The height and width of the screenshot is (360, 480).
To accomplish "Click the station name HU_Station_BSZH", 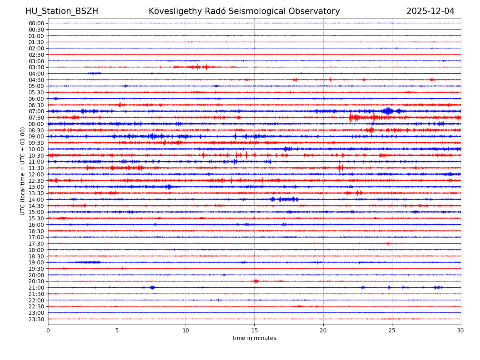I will click(x=62, y=11).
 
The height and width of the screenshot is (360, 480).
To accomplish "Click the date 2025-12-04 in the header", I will click(x=430, y=11).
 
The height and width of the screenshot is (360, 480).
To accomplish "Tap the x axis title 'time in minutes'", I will click(x=254, y=338).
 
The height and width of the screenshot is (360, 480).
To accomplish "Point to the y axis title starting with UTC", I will click(x=23, y=171).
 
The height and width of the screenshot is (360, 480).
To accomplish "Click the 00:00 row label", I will click(x=36, y=23).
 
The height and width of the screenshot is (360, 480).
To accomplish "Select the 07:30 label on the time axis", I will click(x=36, y=118).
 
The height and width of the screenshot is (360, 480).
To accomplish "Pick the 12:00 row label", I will click(x=36, y=174).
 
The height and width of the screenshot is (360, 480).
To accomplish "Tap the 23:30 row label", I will click(x=36, y=319).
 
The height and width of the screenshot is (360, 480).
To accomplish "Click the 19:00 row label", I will click(x=36, y=262).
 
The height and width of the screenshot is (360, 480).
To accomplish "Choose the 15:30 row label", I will click(x=36, y=218).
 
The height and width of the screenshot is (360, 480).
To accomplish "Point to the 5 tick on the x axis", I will click(x=117, y=330).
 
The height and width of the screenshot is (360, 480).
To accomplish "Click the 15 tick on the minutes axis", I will click(x=254, y=330).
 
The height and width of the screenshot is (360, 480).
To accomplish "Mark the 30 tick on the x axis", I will click(x=460, y=330).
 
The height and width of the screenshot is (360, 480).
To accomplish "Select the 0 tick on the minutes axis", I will click(x=48, y=330).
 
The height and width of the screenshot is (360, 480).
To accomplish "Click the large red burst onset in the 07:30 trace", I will click(x=350, y=117).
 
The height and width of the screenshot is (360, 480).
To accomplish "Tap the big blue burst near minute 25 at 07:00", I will click(x=387, y=111).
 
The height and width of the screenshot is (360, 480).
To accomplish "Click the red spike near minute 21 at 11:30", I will click(x=340, y=168).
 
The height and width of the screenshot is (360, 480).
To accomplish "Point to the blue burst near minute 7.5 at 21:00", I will click(x=152, y=287).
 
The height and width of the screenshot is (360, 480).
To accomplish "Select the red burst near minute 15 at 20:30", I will click(x=256, y=281).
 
